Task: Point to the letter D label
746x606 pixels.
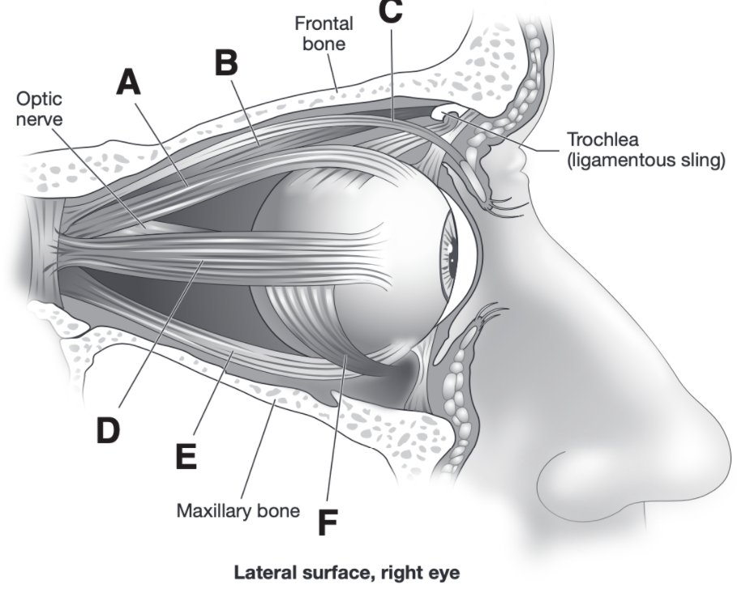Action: pos(108,429)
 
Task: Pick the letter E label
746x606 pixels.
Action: pos(186,455)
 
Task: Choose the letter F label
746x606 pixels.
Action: pos(327,522)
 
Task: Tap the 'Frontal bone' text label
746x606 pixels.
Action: pos(324,33)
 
